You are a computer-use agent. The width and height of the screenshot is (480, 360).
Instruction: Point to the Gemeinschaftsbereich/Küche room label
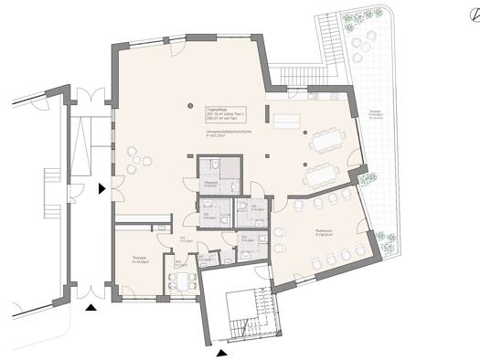pos(228,135)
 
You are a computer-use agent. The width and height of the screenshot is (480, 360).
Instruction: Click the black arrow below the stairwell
pos(220,351)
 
